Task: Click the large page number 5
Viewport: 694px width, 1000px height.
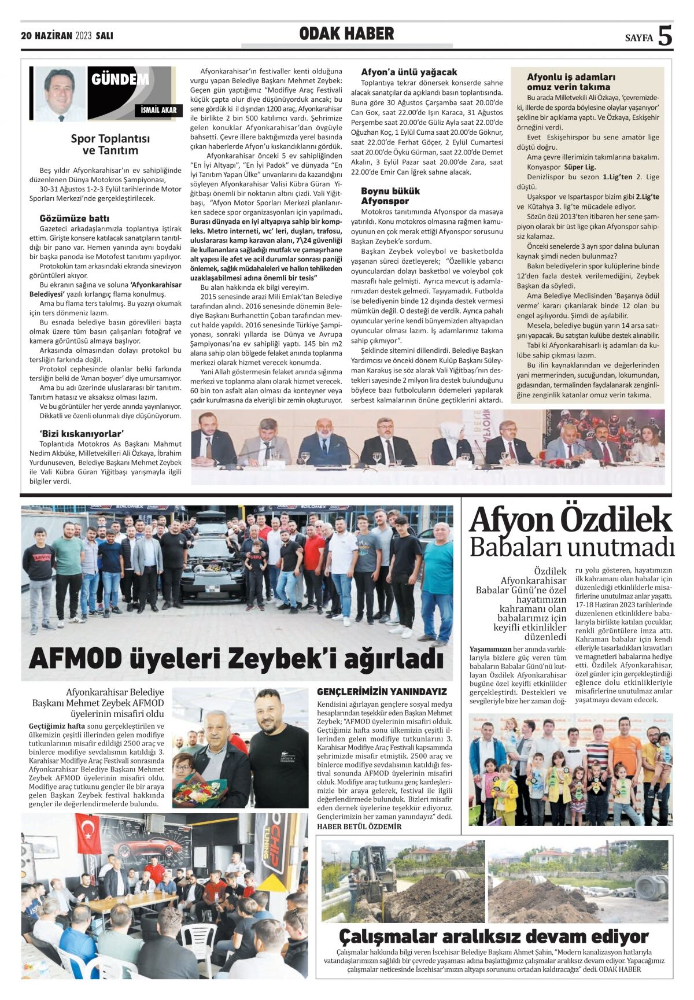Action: pos(665,36)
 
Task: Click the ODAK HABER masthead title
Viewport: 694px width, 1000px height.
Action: pos(346,34)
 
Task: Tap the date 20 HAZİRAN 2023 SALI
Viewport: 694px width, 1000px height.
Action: pos(67,36)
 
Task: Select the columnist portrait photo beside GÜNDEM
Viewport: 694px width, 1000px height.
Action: pos(60,94)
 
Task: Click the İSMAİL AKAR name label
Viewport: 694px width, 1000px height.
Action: pos(158,110)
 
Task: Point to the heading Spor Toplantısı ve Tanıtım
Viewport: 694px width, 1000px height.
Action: pos(110,145)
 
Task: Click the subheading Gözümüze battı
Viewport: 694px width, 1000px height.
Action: pos(74,219)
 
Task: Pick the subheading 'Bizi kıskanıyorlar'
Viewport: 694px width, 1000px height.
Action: pos(82,434)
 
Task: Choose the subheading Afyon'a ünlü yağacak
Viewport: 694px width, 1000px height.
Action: pos(409,72)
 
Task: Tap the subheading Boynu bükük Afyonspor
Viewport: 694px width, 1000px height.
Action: pos(390,196)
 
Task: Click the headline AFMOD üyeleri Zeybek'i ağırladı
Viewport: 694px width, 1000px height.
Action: pos(236,658)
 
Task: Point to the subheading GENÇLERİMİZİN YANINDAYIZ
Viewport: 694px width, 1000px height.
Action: pos(382,692)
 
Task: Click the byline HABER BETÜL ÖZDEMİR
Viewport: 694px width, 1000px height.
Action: pos(359,826)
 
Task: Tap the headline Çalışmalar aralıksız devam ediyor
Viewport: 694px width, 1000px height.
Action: pos(493,936)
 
